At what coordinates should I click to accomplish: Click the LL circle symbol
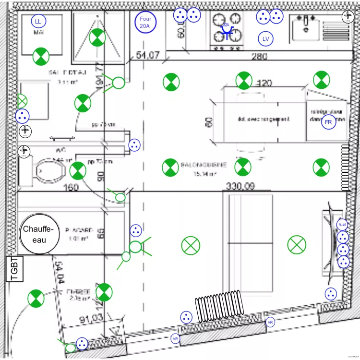(38, 21)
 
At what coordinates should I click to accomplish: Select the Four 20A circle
(145, 22)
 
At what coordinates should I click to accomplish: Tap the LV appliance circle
(265, 38)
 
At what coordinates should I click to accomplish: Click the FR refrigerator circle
(329, 122)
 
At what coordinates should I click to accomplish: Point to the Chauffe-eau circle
(40, 234)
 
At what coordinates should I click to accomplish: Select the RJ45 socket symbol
(342, 225)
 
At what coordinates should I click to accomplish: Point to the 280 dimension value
(259, 57)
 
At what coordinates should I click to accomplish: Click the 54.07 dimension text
(148, 55)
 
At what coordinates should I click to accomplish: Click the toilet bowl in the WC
(51, 169)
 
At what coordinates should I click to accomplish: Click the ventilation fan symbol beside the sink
(348, 17)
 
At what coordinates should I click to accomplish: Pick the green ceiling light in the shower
(97, 36)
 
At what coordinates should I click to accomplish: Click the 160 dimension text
(71, 188)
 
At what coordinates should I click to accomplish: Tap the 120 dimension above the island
(264, 83)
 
